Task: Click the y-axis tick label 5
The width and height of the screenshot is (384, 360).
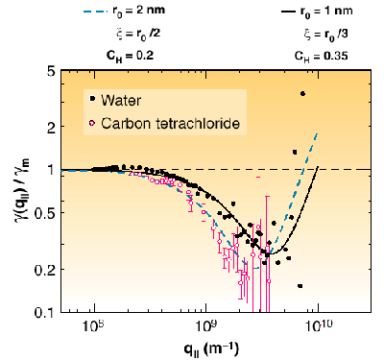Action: pyautogui.click(x=49, y=72)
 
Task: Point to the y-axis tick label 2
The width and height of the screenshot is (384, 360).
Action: pyautogui.click(x=49, y=126)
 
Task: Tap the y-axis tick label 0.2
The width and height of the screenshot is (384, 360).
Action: pyautogui.click(x=44, y=270)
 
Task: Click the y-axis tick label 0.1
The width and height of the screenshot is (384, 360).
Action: pyautogui.click(x=44, y=313)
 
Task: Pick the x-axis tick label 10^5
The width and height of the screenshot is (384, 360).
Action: pyautogui.click(x=93, y=327)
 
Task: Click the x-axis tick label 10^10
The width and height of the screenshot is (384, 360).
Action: pyautogui.click(x=318, y=327)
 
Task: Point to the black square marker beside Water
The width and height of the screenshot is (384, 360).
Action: pyautogui.click(x=91, y=99)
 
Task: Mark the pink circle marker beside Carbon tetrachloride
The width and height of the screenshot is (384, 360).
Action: pyautogui.click(x=91, y=124)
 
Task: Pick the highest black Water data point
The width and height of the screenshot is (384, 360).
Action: pyautogui.click(x=302, y=93)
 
